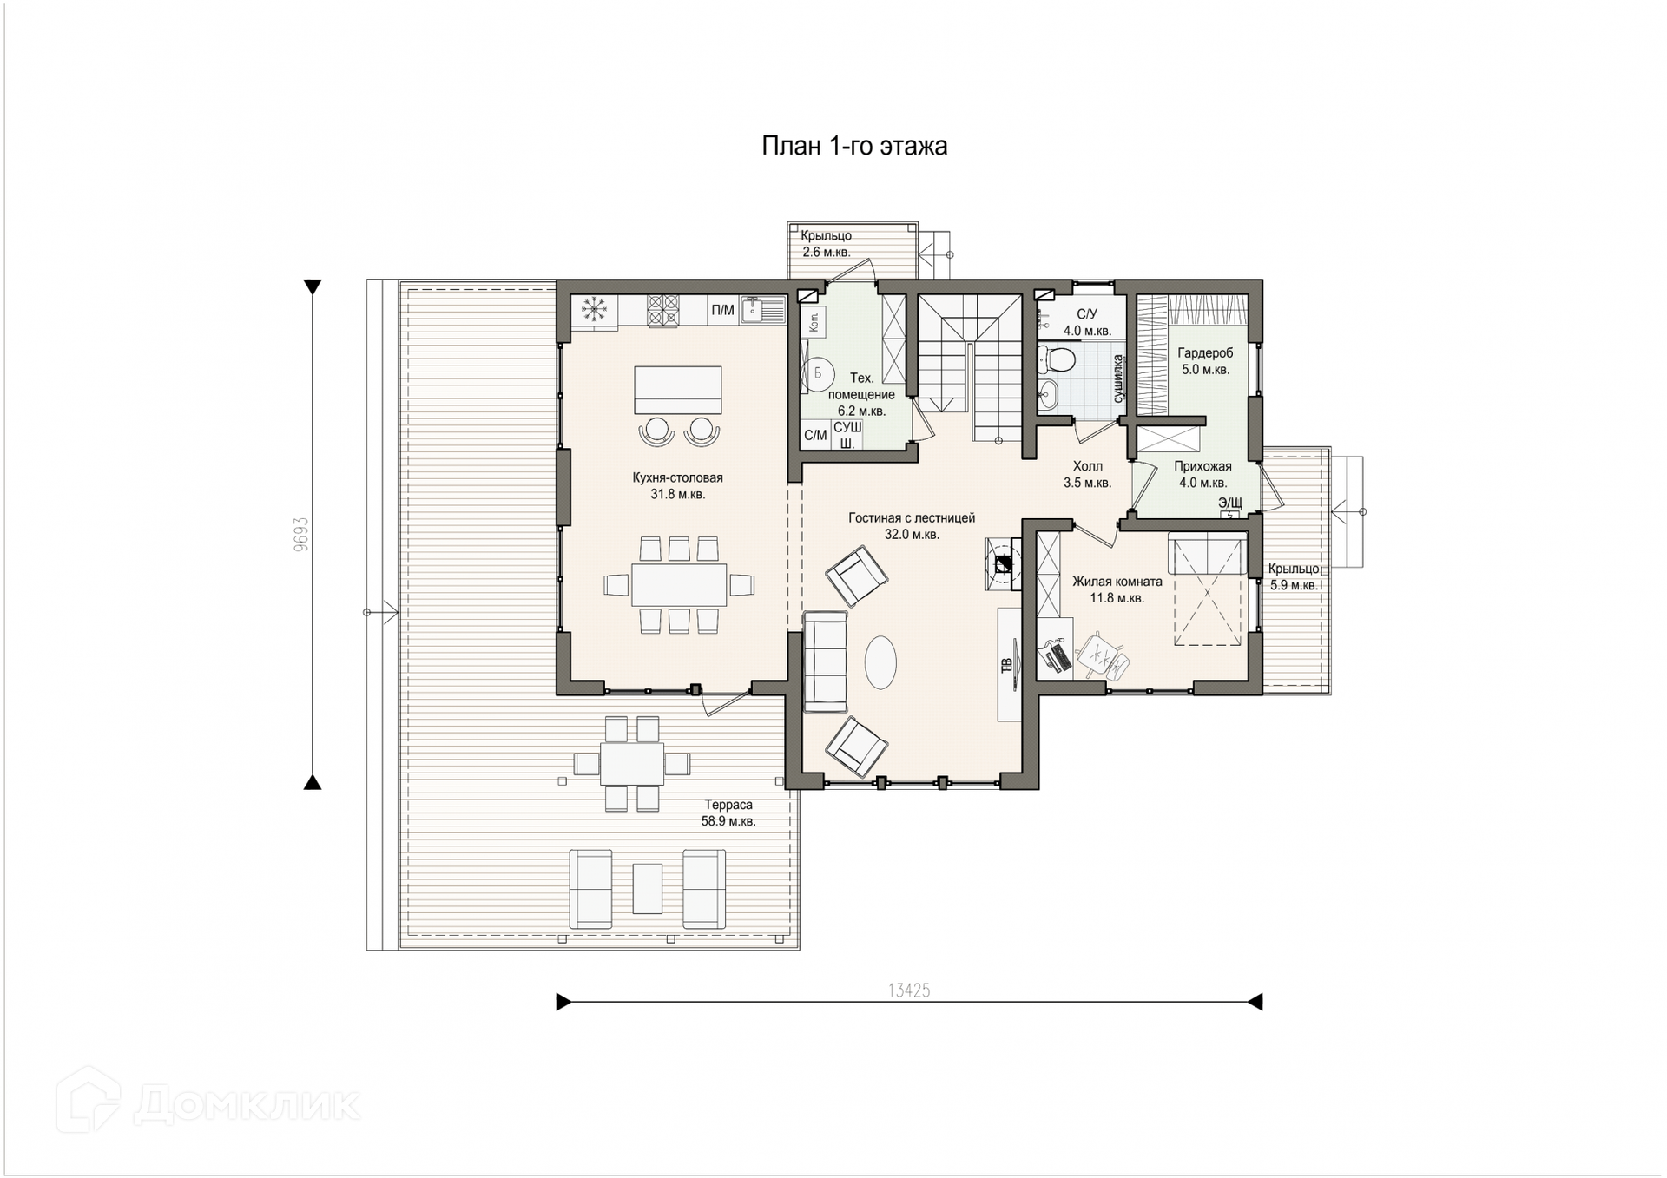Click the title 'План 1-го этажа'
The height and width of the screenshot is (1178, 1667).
(854, 146)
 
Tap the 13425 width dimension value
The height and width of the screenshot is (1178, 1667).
(909, 990)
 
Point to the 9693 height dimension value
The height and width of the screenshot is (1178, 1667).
(300, 535)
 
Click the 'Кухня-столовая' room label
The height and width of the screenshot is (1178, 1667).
(677, 477)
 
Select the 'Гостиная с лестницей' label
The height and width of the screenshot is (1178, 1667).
(912, 518)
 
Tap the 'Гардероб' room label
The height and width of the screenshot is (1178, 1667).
(1205, 353)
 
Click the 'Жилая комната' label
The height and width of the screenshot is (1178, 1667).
(1117, 582)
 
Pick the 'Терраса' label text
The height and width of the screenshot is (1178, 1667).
(728, 805)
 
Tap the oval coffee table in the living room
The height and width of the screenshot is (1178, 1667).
(880, 662)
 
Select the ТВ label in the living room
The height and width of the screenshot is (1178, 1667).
(1007, 666)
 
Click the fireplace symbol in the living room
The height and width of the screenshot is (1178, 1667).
(1003, 564)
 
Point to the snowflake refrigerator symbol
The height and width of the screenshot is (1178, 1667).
(594, 310)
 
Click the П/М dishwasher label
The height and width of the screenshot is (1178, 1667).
(722, 311)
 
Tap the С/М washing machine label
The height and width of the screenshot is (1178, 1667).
(815, 436)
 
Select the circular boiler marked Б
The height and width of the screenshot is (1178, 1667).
(817, 373)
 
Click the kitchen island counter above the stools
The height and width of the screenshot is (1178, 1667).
(678, 390)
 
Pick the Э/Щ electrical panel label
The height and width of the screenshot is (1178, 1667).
(1229, 503)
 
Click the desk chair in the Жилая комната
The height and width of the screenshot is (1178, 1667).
(1104, 656)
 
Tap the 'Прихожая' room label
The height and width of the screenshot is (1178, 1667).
(1202, 466)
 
